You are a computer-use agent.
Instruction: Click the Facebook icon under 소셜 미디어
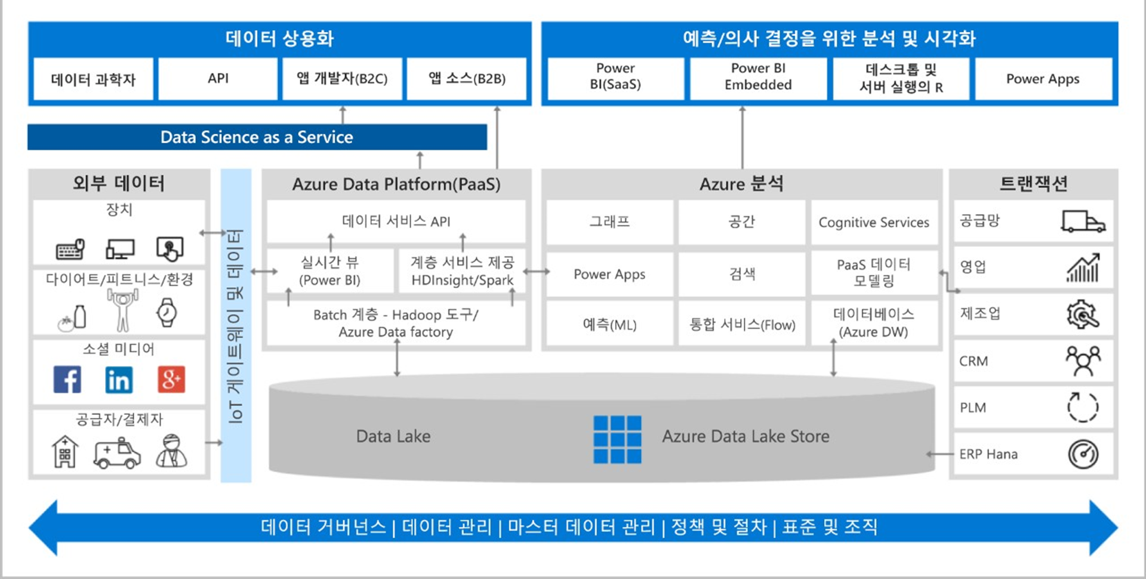pyautogui.click(x=67, y=380)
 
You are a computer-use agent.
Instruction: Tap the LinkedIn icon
pyautogui.click(x=119, y=380)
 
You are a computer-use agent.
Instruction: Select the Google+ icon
pyautogui.click(x=171, y=380)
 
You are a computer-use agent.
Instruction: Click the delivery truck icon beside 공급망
pyautogui.click(x=1083, y=221)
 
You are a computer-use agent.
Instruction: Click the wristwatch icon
pyautogui.click(x=167, y=312)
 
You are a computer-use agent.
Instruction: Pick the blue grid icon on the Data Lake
pyautogui.click(x=617, y=439)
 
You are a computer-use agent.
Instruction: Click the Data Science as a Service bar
pyautogui.click(x=257, y=137)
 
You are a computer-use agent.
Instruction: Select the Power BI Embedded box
pyautogui.click(x=758, y=78)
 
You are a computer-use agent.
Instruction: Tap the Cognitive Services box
pyautogui.click(x=874, y=222)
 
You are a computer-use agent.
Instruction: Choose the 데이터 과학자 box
pyautogui.click(x=94, y=79)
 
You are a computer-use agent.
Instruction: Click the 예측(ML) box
pyautogui.click(x=609, y=324)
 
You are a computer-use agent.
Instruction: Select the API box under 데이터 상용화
pyautogui.click(x=218, y=79)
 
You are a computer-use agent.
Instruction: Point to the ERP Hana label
pyautogui.click(x=988, y=454)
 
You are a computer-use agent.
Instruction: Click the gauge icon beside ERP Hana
pyautogui.click(x=1083, y=454)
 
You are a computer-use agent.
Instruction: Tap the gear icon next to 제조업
pyautogui.click(x=1083, y=314)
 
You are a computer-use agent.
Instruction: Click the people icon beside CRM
pyautogui.click(x=1083, y=361)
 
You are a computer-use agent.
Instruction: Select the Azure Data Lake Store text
pyautogui.click(x=745, y=436)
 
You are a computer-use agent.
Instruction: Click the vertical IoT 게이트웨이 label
pyautogui.click(x=236, y=326)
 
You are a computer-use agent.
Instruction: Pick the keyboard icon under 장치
pyautogui.click(x=70, y=250)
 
